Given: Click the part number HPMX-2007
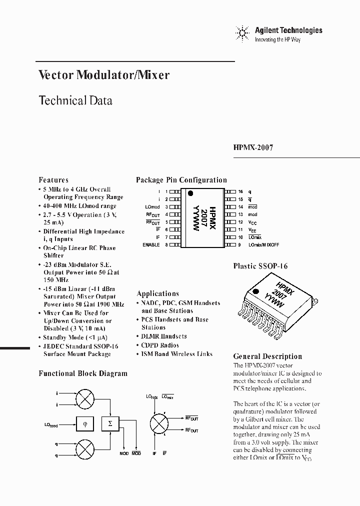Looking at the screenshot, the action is [x=253, y=148].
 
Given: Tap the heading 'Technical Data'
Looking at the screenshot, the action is [x=75, y=100].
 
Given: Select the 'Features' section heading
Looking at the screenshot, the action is [x=53, y=180].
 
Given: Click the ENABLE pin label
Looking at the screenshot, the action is [x=151, y=245].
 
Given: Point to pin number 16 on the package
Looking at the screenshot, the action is [x=240, y=191].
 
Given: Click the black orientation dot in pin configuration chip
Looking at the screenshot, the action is [x=190, y=192].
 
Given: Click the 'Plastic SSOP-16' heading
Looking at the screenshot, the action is [x=260, y=266].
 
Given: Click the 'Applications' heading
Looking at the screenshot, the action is [x=157, y=293].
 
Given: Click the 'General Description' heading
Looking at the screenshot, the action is [x=267, y=356].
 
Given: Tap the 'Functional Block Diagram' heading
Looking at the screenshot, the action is [x=83, y=373].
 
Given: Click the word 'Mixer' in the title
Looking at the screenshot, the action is [x=153, y=75].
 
